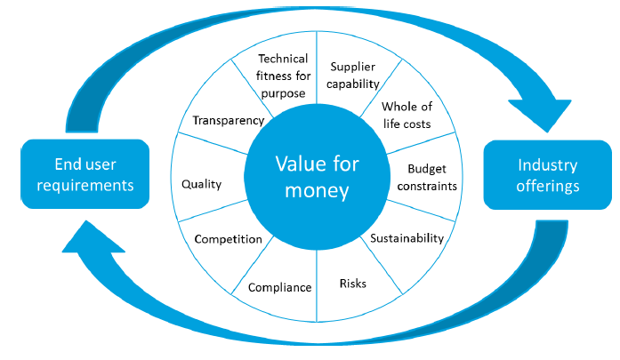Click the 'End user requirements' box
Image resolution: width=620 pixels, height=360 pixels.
(81, 174)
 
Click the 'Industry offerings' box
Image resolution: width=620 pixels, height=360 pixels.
(548, 175)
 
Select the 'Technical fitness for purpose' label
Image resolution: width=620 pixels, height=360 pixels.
(283, 76)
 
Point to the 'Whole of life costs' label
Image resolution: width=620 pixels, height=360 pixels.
(406, 116)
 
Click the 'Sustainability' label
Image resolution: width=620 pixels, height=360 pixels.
(407, 238)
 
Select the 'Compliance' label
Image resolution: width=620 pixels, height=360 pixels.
(279, 287)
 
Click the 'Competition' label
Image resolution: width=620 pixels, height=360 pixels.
(228, 239)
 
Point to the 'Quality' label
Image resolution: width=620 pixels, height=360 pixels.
(201, 185)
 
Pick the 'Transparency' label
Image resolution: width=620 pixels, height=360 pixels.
(229, 120)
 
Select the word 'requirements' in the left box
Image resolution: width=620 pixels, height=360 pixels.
(81, 185)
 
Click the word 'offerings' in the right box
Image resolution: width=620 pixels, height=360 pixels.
(548, 186)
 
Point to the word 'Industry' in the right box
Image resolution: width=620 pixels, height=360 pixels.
(548, 165)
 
